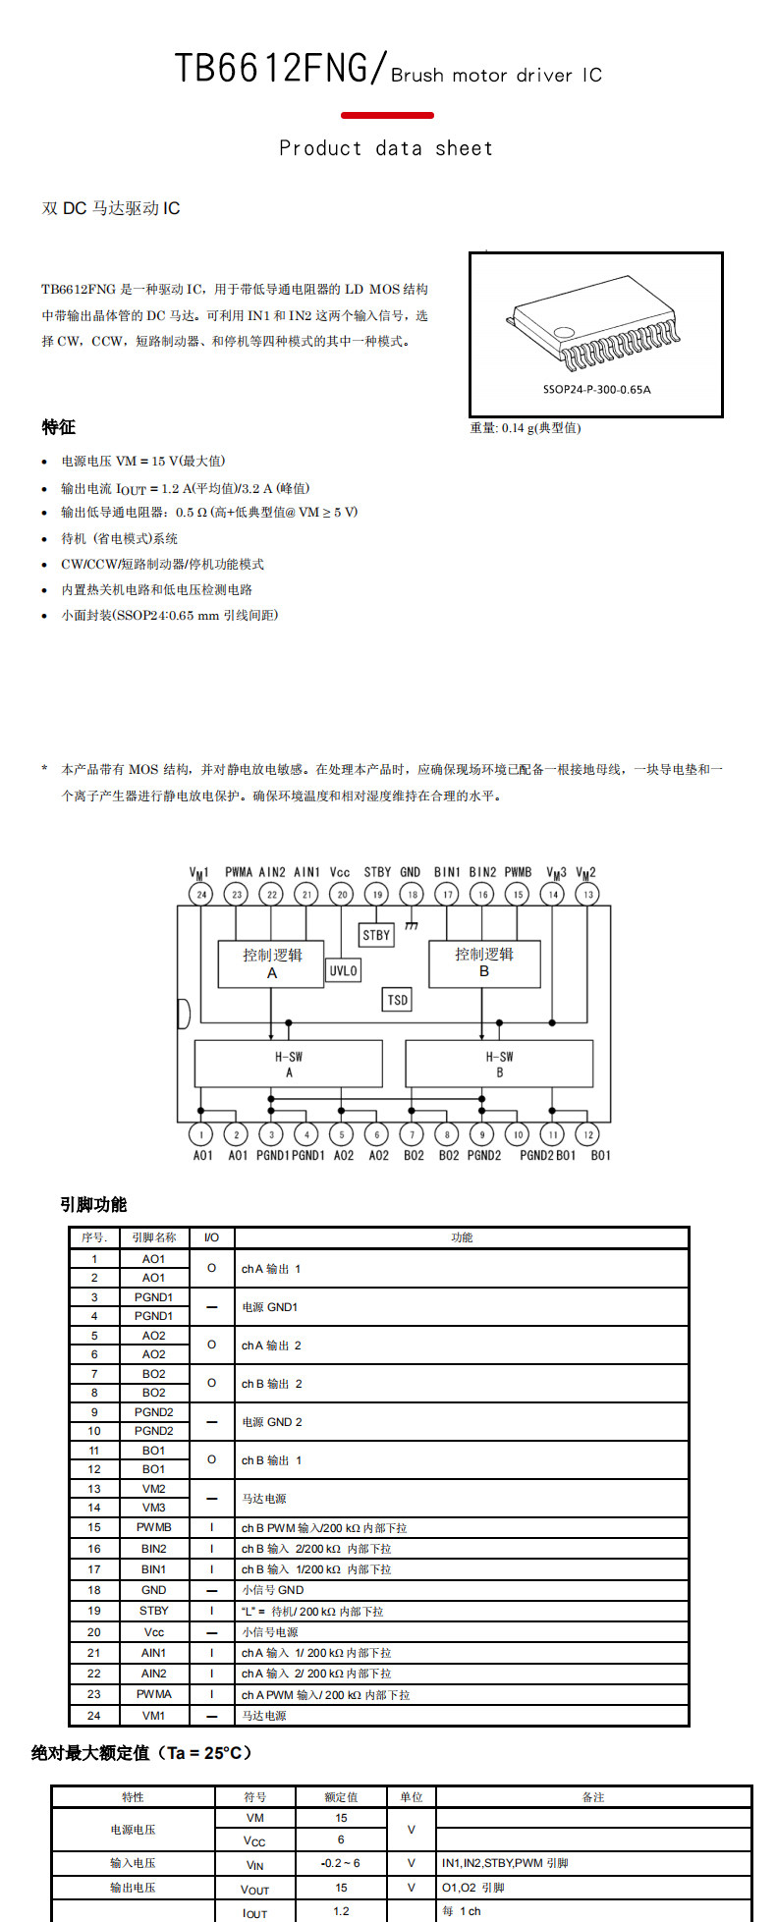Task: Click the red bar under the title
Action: (x=387, y=115)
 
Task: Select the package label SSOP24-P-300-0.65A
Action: (x=596, y=390)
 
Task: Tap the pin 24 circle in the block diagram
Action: (x=201, y=894)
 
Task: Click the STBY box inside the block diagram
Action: (x=376, y=935)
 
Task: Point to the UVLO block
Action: (x=343, y=970)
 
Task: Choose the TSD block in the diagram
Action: (x=397, y=1000)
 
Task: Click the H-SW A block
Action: (x=289, y=1065)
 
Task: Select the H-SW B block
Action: (x=499, y=1065)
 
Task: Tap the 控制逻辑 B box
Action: (x=484, y=963)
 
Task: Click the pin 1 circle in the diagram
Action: (x=201, y=1134)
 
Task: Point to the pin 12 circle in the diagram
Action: (x=587, y=1134)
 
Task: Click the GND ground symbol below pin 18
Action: (x=412, y=925)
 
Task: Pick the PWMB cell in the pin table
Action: (x=154, y=1527)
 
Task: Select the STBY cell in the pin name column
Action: (x=154, y=1611)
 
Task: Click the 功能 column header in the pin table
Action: (x=462, y=1237)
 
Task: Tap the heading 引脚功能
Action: (x=93, y=1204)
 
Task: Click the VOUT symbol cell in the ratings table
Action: (x=254, y=1888)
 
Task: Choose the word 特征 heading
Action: (x=59, y=427)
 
